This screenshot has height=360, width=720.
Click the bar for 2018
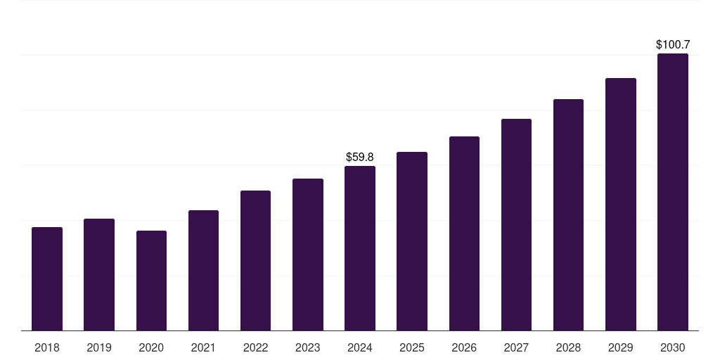47,279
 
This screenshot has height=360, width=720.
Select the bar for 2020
151,281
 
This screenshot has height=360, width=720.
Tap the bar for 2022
255,261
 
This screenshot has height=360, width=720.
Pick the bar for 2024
360,248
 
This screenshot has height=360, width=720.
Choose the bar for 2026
464,233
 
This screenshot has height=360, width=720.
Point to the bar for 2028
568,215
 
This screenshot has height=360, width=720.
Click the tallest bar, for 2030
672,192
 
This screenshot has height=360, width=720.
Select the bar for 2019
99,275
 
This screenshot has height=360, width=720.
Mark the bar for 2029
620,205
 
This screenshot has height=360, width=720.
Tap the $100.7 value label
672,45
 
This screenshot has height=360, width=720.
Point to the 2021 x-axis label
203,348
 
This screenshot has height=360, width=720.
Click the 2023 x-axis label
308,348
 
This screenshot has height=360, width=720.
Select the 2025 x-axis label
412,348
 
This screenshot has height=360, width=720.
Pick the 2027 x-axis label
516,348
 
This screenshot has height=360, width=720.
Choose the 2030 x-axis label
672,348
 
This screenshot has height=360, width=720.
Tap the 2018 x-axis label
47,348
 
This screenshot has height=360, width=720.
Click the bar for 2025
412,241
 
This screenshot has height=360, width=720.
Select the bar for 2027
516,225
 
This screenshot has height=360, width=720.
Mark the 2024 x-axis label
360,348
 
